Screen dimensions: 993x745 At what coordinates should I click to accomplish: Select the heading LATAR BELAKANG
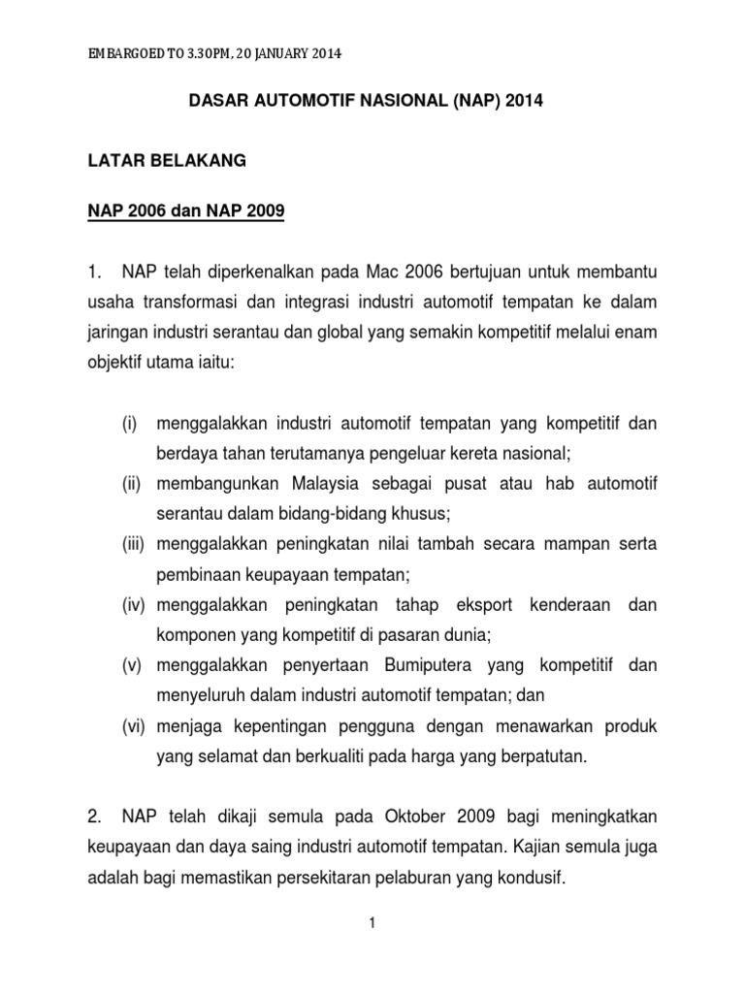click(x=167, y=162)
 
